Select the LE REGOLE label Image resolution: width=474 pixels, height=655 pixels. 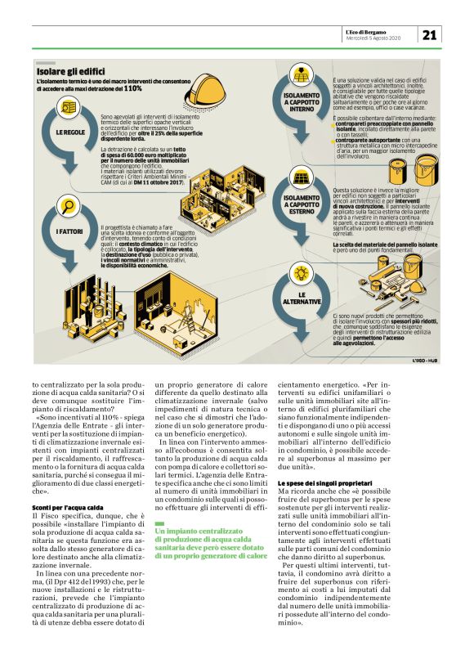tap(69, 132)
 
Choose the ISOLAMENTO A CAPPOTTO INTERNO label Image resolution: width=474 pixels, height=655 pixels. tap(302, 101)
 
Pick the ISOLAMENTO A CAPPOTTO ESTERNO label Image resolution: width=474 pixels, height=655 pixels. tap(302, 201)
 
